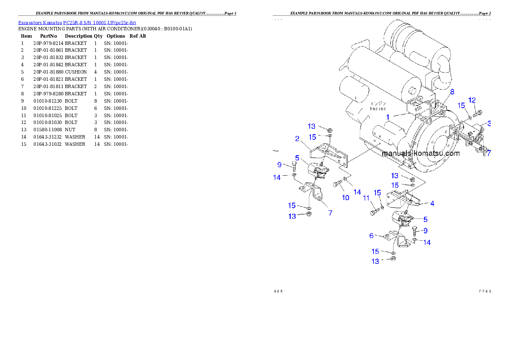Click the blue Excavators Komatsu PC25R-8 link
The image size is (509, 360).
point(77,23)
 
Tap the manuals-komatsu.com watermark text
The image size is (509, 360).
point(420,153)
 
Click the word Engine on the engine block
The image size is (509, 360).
point(378,109)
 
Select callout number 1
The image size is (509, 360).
point(388,116)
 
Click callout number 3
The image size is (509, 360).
point(488,124)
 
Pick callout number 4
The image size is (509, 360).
point(432,204)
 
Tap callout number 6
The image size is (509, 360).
point(371,235)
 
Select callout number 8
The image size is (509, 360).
point(452,91)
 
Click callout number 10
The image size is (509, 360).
point(345,198)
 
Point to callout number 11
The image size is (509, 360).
point(366,198)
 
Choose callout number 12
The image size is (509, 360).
point(472,100)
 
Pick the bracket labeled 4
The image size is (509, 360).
point(402,199)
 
